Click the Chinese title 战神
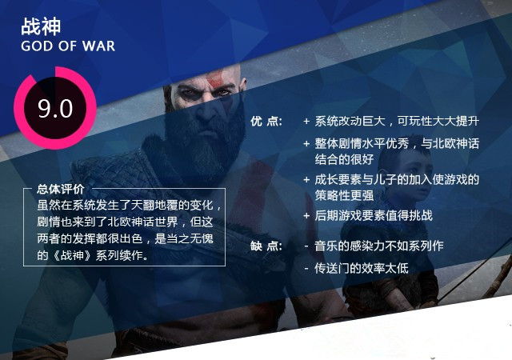click(x=41, y=26)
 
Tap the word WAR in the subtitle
click(x=98, y=46)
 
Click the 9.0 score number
click(x=55, y=109)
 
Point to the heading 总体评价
click(x=61, y=189)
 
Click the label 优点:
click(x=266, y=121)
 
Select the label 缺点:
click(x=266, y=246)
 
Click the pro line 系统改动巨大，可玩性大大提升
click(x=397, y=121)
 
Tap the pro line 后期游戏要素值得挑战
click(x=374, y=216)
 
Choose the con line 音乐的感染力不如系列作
click(x=378, y=246)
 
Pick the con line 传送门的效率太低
click(x=361, y=268)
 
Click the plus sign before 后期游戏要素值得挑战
click(x=306, y=216)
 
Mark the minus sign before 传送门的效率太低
click(x=306, y=269)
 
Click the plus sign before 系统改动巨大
click(x=306, y=122)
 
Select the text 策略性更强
click(x=344, y=195)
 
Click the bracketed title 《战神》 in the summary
click(x=71, y=255)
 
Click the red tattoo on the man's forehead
click(x=214, y=78)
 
